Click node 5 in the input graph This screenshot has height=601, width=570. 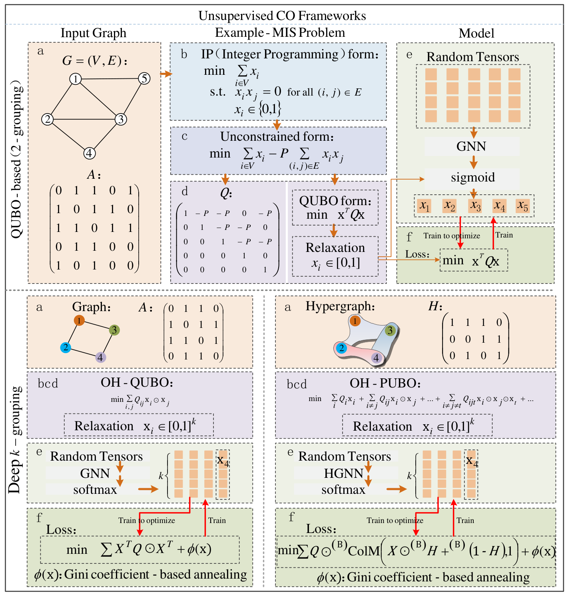tap(144, 78)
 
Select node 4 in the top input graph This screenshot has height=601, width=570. tap(90, 153)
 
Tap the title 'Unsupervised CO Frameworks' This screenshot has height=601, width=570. tap(282, 16)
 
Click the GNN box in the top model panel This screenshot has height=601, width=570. tap(472, 146)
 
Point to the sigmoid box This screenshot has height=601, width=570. tap(472, 177)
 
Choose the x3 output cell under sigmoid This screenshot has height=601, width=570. tap(475, 206)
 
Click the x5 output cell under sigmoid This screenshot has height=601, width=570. tap(522, 206)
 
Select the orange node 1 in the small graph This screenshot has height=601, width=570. tap(79, 320)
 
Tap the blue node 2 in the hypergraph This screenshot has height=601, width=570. tap(341, 348)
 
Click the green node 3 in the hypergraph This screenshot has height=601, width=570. tap(390, 330)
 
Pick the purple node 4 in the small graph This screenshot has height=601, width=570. tap(101, 357)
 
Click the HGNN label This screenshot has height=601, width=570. tap(343, 473)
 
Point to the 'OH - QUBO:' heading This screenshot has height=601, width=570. tap(137, 382)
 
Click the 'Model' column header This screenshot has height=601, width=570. tap(476, 33)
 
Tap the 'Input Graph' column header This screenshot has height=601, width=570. tap(93, 33)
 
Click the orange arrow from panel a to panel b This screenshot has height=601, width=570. tap(165, 74)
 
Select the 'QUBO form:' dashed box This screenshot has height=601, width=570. tap(335, 208)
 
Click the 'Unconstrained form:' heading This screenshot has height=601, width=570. tap(277, 136)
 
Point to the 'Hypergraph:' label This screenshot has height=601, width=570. tap(340, 306)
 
